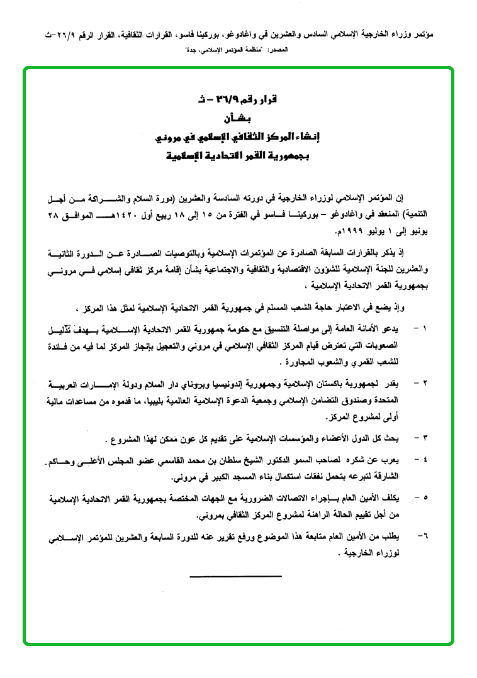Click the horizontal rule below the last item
coord(235,575)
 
